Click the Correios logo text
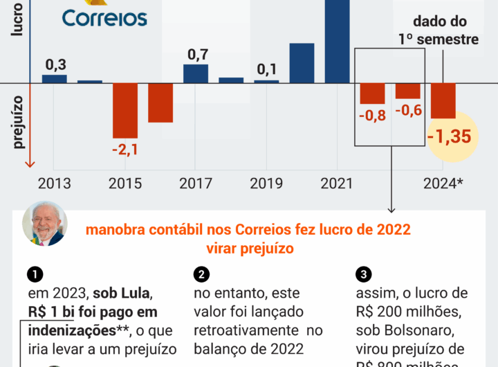tap(104, 17)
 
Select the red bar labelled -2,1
tap(125, 110)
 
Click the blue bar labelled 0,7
tap(196, 73)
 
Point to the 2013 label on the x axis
tap(54, 183)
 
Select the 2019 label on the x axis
tap(266, 183)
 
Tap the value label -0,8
tap(372, 114)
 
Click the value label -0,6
tap(408, 110)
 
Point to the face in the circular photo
tap(45, 225)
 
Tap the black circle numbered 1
tap(35, 274)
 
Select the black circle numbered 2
tap(201, 274)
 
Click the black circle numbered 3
tap(365, 274)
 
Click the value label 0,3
tap(55, 65)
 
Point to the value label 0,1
tap(267, 70)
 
